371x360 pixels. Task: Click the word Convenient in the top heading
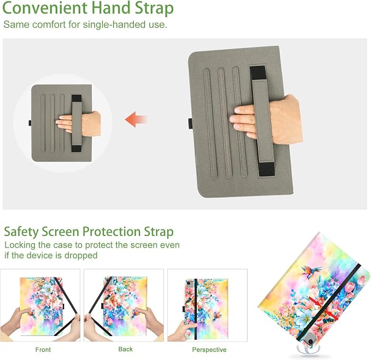point(45,8)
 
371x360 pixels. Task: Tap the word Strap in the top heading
point(154,9)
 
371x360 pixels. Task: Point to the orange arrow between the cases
point(136,119)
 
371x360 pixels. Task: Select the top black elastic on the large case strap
point(258,73)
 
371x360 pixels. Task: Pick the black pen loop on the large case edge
point(190,123)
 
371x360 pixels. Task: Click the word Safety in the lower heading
point(21,232)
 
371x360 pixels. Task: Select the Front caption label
point(43,350)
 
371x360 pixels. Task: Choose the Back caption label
point(126,349)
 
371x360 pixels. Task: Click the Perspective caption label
point(209,350)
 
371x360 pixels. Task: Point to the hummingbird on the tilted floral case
point(311,270)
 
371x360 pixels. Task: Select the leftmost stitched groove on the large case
point(210,123)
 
